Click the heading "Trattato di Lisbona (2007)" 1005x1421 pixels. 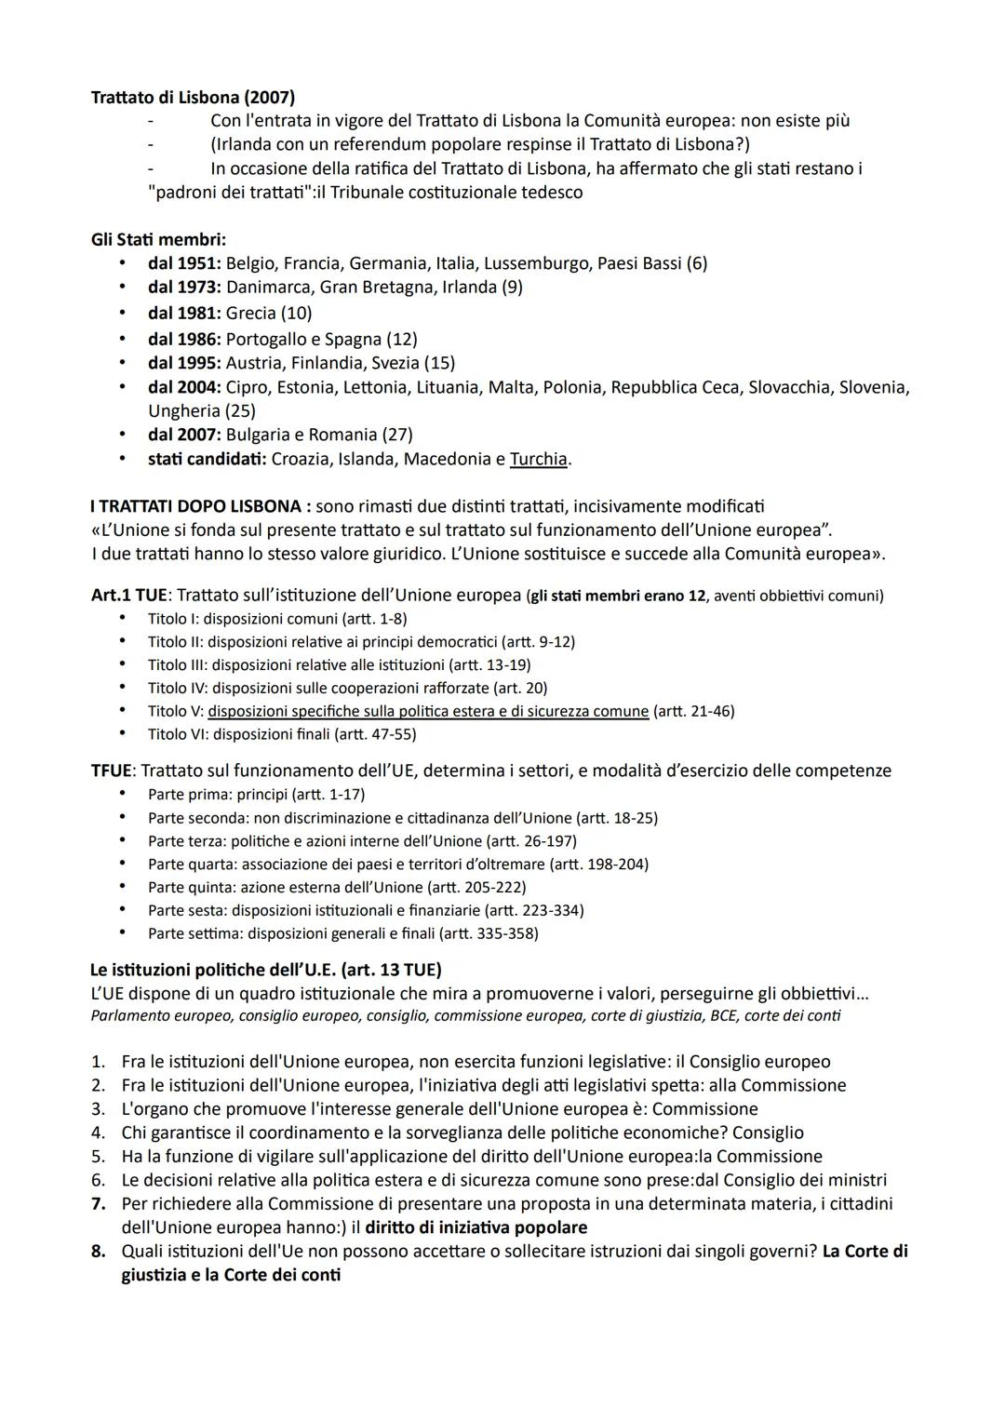(193, 97)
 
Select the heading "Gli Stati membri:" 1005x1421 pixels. (158, 239)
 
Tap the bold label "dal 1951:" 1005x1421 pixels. (184, 263)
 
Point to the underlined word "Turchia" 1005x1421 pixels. (539, 459)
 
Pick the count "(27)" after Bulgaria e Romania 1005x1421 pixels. (397, 435)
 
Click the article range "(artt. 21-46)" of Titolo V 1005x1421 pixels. (693, 711)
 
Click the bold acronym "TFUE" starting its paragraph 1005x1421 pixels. (112, 771)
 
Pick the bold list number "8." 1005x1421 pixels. (99, 1252)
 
